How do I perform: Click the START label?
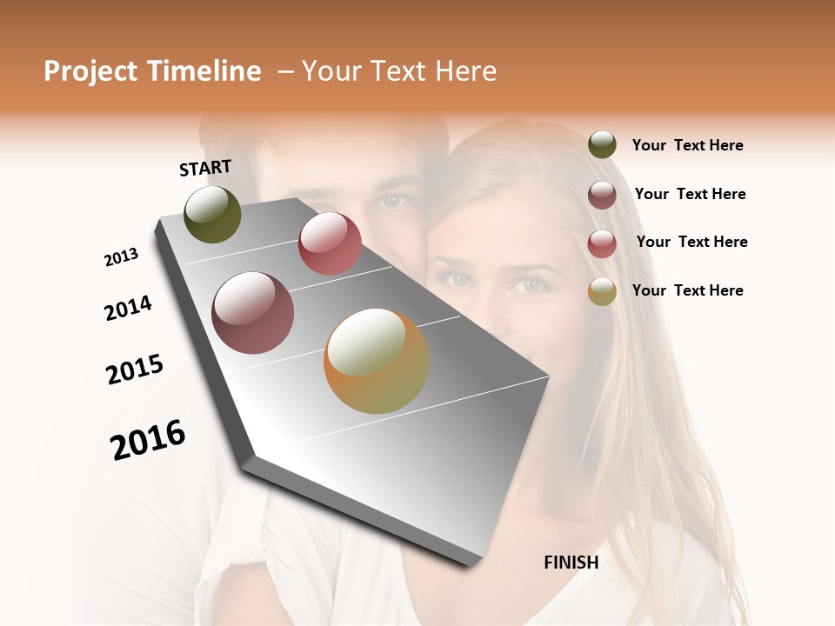click(x=205, y=168)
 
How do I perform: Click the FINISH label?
click(x=571, y=563)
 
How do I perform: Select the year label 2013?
click(x=121, y=257)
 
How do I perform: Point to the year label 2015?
click(x=135, y=370)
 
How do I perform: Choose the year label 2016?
click(x=148, y=440)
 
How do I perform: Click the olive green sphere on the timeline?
click(x=212, y=214)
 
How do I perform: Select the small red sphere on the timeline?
click(x=330, y=243)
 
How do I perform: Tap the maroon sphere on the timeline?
click(x=252, y=313)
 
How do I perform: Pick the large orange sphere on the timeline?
click(x=377, y=361)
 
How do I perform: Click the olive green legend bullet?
click(x=602, y=145)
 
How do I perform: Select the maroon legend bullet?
click(x=602, y=195)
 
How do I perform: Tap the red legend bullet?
click(x=602, y=243)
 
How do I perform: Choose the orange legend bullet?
click(x=602, y=291)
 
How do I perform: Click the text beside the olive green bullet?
click(x=687, y=146)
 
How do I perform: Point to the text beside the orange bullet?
click(x=687, y=290)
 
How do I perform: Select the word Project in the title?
click(x=91, y=72)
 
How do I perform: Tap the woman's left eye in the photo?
click(x=526, y=284)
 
